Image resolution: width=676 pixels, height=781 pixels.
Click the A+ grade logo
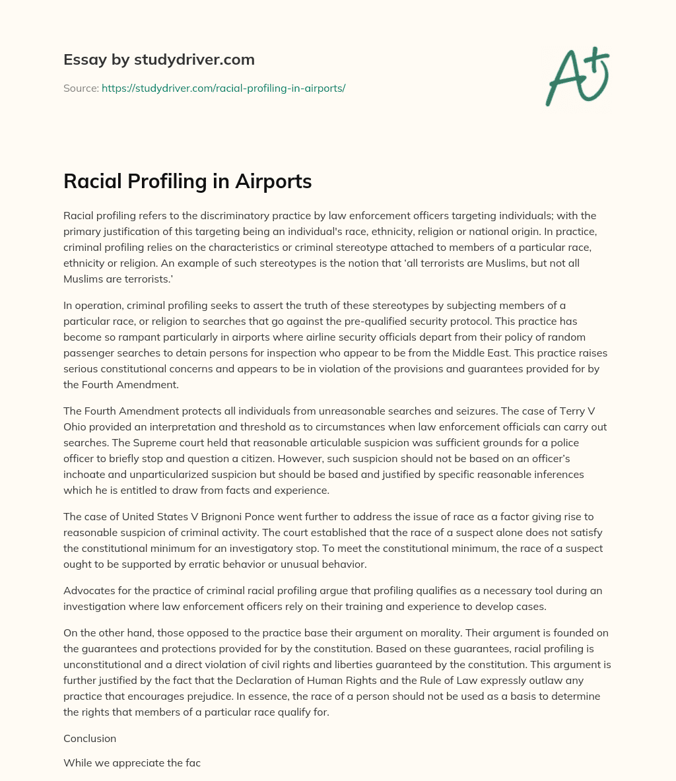[576, 77]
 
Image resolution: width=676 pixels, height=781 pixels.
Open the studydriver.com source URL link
[223, 88]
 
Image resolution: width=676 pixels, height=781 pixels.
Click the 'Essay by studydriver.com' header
[159, 59]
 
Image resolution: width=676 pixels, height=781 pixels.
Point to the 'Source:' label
[81, 88]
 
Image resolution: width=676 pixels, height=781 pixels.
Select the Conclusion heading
[90, 738]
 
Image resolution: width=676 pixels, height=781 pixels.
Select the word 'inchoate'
[86, 475]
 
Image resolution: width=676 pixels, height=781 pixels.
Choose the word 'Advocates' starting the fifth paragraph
[88, 590]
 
